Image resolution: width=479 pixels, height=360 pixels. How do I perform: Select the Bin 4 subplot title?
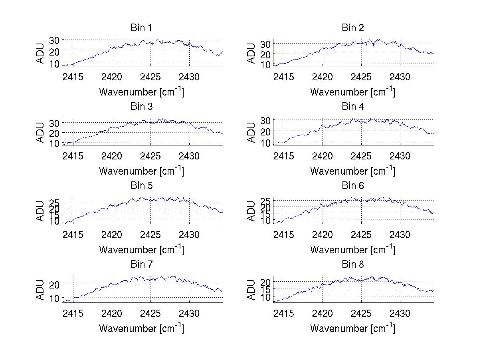352,107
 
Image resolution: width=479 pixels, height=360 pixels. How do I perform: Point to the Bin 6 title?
352,186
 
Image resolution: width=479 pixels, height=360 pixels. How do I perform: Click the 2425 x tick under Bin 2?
361,77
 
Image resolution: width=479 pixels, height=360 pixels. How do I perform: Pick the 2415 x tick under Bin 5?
73,235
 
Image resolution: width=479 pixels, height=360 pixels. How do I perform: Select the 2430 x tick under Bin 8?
400,313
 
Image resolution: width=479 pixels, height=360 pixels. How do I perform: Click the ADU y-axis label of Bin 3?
41,132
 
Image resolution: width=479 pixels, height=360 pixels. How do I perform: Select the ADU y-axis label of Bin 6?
251,211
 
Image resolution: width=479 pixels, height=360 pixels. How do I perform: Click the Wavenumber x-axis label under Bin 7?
141,328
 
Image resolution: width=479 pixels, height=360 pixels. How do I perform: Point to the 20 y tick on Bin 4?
265,131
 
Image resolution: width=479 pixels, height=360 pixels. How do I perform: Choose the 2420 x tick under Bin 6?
323,235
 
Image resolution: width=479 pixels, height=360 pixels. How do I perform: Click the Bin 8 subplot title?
352,265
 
